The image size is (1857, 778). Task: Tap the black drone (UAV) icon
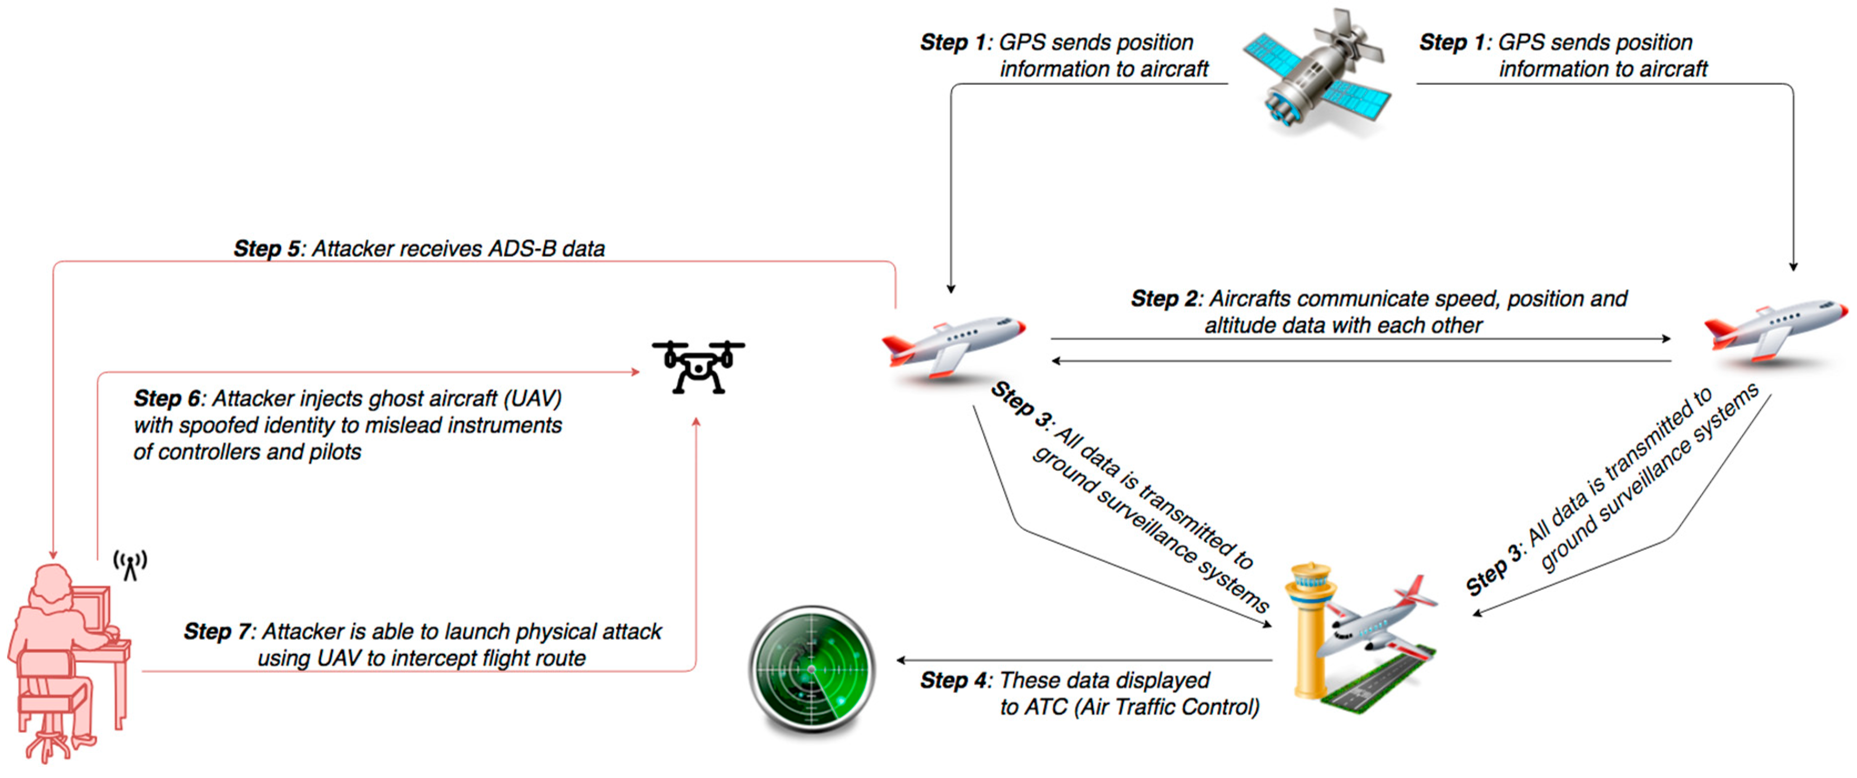click(x=698, y=366)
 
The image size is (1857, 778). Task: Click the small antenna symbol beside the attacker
click(x=130, y=564)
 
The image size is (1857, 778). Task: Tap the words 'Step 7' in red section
click(x=216, y=631)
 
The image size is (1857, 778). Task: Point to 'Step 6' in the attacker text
click(x=167, y=398)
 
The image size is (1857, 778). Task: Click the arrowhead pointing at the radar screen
click(x=901, y=659)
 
